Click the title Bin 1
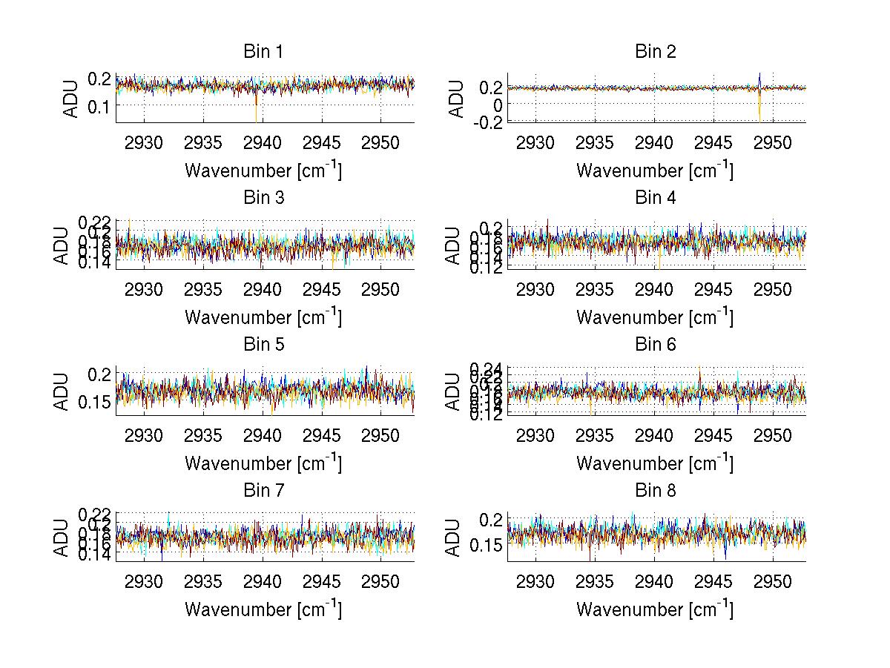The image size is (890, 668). click(x=263, y=52)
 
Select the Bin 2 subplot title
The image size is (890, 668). click(x=655, y=52)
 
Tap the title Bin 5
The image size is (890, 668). click(x=263, y=345)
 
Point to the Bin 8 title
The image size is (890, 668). click(x=655, y=491)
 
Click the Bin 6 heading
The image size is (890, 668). click(x=655, y=345)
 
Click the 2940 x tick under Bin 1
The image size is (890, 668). click(x=263, y=143)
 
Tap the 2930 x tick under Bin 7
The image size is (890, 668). click(x=145, y=582)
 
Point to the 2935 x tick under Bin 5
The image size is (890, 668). click(x=204, y=436)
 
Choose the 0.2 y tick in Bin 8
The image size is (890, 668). click(x=491, y=520)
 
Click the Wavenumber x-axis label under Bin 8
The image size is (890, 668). click(x=655, y=609)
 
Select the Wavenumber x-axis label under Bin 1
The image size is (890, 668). click(x=263, y=171)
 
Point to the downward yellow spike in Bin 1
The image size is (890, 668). click(x=256, y=111)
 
